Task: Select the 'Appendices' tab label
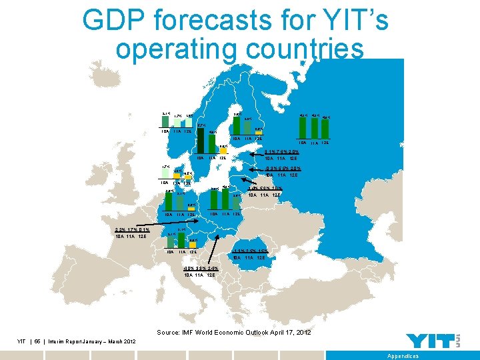[403, 356]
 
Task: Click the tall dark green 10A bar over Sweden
[201, 140]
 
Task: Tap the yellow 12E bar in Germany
[189, 179]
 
